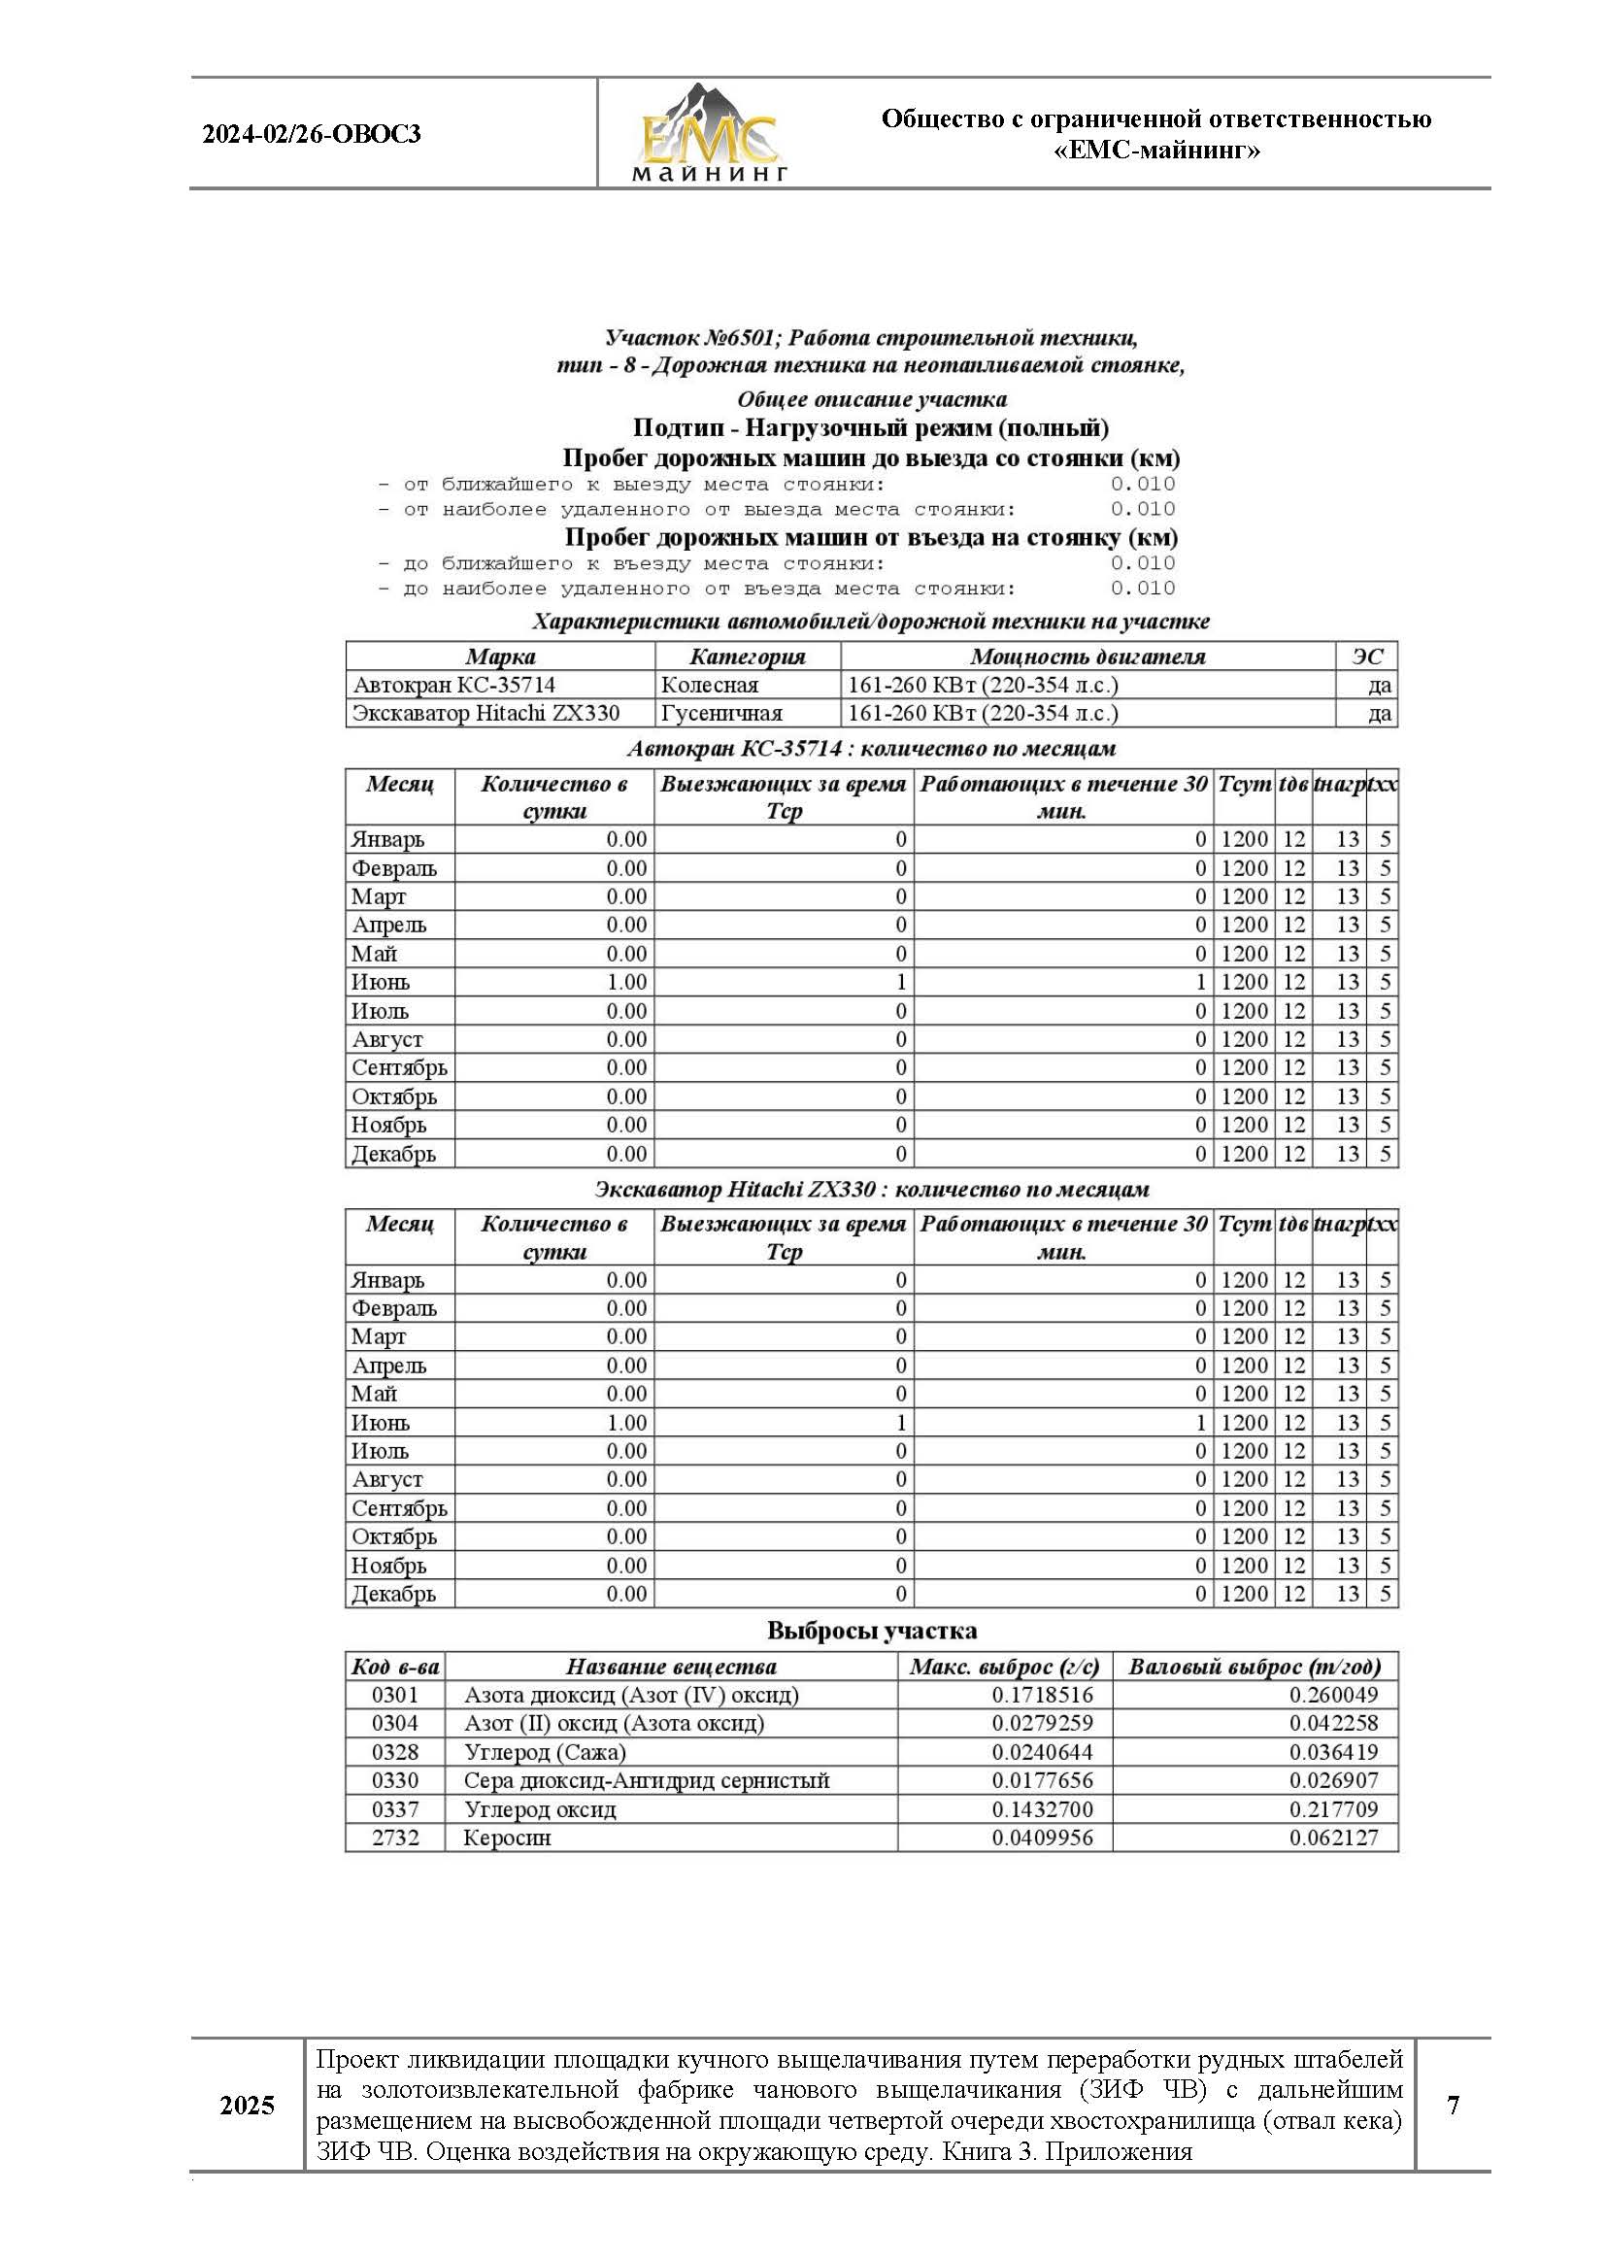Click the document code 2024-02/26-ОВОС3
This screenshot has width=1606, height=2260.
coord(312,134)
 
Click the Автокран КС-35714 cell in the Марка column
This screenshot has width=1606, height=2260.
coord(453,685)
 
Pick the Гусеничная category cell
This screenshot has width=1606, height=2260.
coord(720,713)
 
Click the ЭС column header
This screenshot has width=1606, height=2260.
coord(1367,656)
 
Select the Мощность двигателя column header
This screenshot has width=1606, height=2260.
coord(1087,656)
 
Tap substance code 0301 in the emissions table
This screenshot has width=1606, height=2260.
coord(394,1694)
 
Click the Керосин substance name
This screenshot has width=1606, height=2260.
coord(507,1837)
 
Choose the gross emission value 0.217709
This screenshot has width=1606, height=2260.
coord(1333,1808)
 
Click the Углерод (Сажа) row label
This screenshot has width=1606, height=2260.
coord(545,1752)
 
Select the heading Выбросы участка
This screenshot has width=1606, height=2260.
coord(871,1631)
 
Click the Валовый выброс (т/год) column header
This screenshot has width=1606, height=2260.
coord(1254,1666)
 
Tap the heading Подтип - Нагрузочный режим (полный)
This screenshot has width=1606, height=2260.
coord(870,428)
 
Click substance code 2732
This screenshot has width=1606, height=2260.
coord(394,1837)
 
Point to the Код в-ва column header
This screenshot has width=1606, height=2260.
coord(394,1666)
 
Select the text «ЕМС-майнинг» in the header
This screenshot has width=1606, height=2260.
coord(1156,151)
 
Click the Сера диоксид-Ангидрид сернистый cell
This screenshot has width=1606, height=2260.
coord(646,1780)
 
